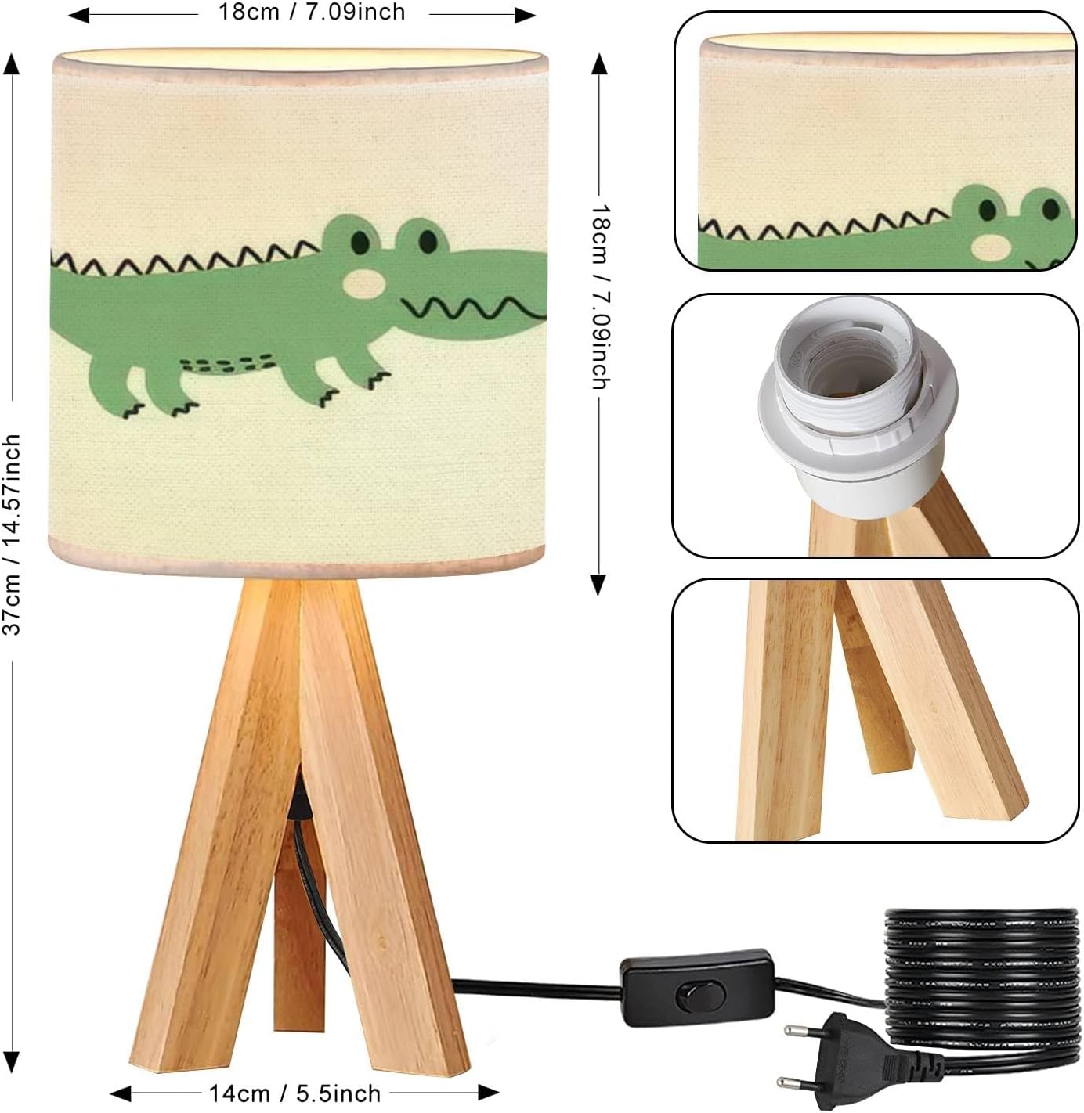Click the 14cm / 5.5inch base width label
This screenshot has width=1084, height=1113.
(x=294, y=1093)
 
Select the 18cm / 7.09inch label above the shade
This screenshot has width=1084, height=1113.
(x=311, y=13)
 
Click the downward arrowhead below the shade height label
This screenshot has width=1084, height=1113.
(x=598, y=584)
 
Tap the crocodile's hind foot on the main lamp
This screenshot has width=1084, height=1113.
(x=183, y=407)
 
